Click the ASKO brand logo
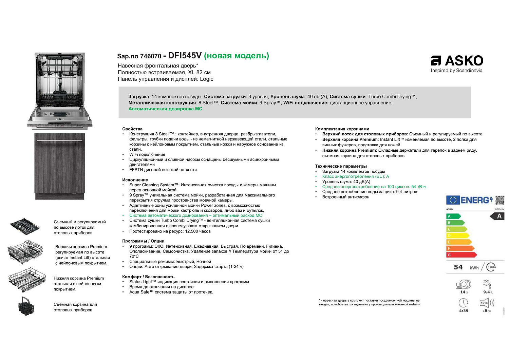457,61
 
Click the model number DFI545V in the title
185,56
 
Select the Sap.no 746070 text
139,56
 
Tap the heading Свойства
132,129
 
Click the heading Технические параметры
341,166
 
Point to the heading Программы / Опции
143,241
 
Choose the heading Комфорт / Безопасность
148,277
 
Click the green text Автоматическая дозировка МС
165,109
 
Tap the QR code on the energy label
500,200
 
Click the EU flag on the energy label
453,200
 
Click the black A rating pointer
497,216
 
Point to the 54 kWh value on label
458,267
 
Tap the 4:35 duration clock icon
464,303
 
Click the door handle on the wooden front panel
59,140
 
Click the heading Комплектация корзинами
342,129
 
